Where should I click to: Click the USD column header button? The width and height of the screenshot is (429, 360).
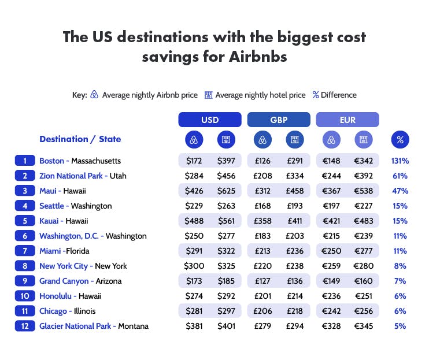point(209,120)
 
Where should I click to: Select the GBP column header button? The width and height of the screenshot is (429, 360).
point(278,120)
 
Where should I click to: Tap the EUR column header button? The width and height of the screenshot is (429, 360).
point(347,120)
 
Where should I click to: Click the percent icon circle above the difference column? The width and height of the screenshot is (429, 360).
point(400,139)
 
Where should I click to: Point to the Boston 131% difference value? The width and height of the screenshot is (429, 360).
point(400,161)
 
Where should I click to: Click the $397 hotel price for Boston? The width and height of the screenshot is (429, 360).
point(226,161)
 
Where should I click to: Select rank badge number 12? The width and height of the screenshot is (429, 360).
point(25,326)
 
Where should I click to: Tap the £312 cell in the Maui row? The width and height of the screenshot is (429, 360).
point(262,191)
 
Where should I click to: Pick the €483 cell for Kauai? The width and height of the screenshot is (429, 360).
point(363,221)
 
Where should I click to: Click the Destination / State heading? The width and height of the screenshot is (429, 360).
point(80,139)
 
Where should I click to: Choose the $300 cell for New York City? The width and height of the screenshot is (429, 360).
point(194,266)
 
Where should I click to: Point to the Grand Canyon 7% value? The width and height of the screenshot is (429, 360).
point(400,281)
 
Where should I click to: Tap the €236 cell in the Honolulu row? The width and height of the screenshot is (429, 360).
point(331,296)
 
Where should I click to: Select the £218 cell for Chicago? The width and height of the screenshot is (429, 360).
point(294,311)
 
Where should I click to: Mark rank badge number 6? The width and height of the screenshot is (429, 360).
point(25,236)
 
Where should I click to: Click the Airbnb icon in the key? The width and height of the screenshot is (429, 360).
point(95,95)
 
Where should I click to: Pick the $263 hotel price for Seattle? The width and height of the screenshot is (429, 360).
point(226,206)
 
